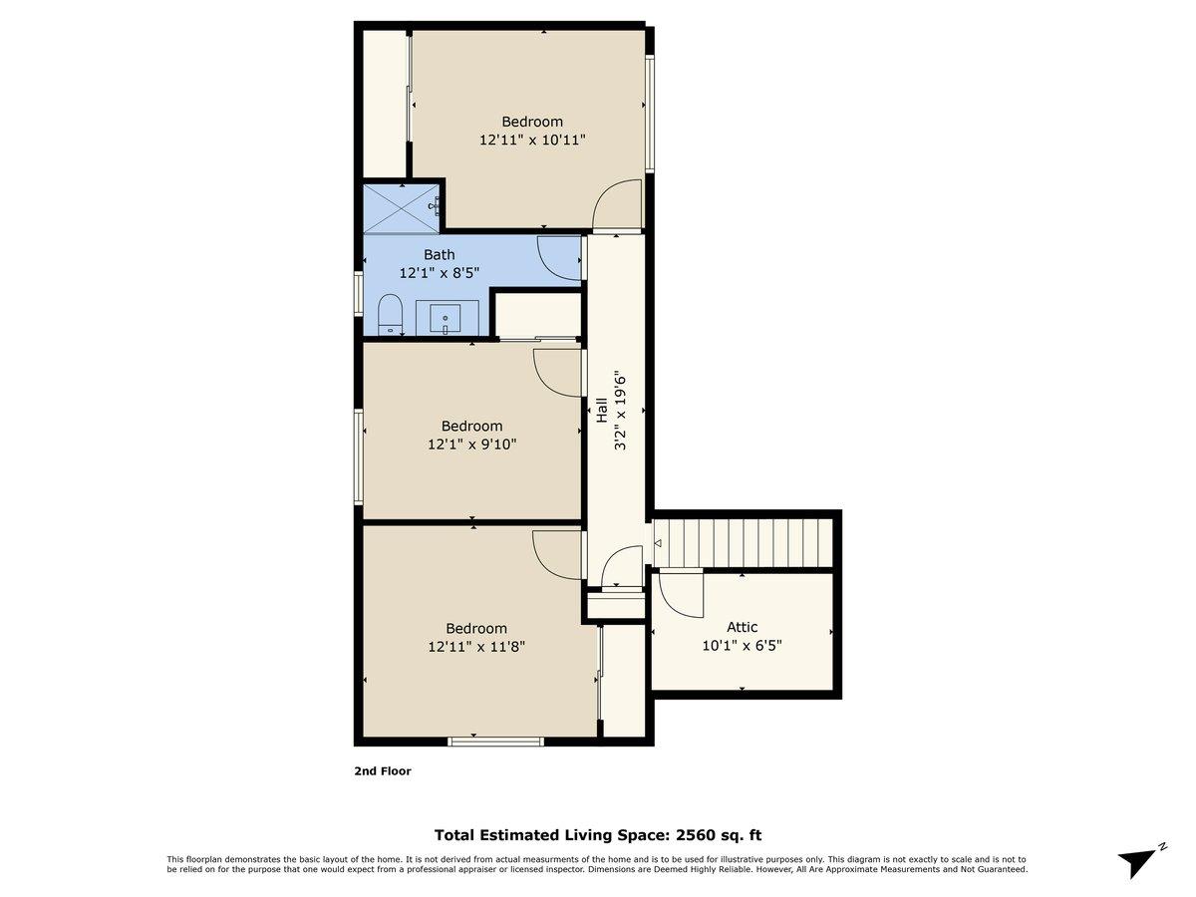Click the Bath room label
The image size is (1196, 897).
click(x=440, y=254)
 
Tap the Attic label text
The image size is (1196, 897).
click(x=742, y=627)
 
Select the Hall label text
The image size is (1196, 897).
click(x=602, y=410)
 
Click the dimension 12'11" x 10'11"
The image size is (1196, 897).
click(x=532, y=140)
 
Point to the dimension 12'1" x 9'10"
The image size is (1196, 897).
click(x=471, y=445)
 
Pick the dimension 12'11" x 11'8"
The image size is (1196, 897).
click(x=476, y=647)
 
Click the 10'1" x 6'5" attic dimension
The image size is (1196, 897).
click(x=742, y=646)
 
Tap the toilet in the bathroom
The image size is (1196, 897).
click(x=390, y=314)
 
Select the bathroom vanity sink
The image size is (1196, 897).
click(x=446, y=318)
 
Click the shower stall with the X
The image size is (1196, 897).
click(x=401, y=208)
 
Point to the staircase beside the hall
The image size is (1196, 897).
click(x=743, y=543)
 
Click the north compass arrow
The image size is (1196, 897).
click(x=1141, y=861)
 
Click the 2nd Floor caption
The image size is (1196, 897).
click(x=383, y=770)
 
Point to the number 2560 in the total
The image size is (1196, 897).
click(x=698, y=835)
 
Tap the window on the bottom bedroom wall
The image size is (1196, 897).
click(x=495, y=742)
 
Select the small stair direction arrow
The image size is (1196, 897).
click(x=658, y=543)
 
